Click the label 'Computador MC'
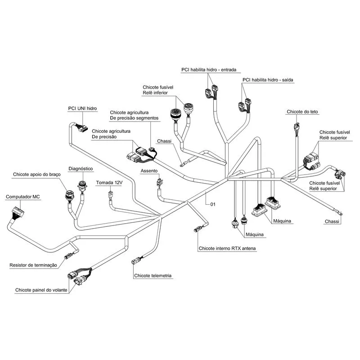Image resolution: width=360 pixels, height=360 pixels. pyautogui.click(x=23, y=197)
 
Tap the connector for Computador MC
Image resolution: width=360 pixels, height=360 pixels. pyautogui.click(x=18, y=212)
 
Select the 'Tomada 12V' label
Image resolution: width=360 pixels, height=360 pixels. pyautogui.click(x=109, y=183)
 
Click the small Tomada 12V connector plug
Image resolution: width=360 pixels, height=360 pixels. pyautogui.click(x=111, y=194)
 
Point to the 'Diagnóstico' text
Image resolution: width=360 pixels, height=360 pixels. pyautogui.click(x=81, y=169)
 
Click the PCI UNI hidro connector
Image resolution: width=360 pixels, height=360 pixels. pyautogui.click(x=82, y=128)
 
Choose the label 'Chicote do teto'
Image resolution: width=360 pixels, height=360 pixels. pyautogui.click(x=302, y=112)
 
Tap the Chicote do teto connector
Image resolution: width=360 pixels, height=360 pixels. pyautogui.click(x=297, y=127)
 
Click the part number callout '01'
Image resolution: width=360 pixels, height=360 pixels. pyautogui.click(x=213, y=204)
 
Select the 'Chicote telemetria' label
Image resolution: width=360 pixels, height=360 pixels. pyautogui.click(x=153, y=275)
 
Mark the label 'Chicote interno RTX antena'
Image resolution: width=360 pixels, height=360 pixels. pyautogui.click(x=227, y=248)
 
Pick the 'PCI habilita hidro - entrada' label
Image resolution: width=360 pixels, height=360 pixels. pyautogui.click(x=209, y=70)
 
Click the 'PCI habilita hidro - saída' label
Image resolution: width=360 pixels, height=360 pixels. pyautogui.click(x=268, y=80)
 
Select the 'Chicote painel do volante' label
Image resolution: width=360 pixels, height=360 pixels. pyautogui.click(x=41, y=290)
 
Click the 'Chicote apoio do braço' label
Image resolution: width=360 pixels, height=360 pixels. pyautogui.click(x=37, y=175)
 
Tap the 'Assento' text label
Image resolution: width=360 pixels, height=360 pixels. pyautogui.click(x=149, y=171)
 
